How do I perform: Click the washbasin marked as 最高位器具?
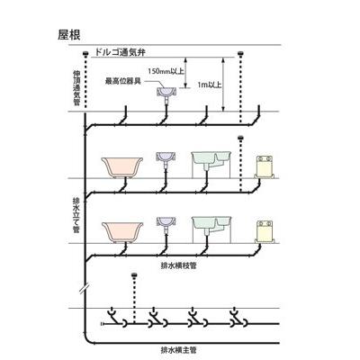[166, 93]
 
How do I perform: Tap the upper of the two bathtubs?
[123, 167]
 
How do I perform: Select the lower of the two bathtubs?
[123, 229]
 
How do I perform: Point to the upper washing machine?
[265, 167]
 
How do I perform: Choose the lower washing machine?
[265, 229]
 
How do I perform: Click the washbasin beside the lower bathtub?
[166, 223]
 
